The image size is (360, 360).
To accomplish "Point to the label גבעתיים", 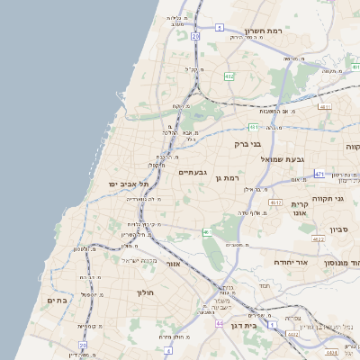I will point(193,172).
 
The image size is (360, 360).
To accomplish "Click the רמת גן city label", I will point(232,178).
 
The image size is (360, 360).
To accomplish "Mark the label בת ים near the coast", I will point(57,301).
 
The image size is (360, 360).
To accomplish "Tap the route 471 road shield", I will point(319,173).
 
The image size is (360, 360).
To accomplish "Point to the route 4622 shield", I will point(319,239).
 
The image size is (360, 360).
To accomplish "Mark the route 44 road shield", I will point(220,322).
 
